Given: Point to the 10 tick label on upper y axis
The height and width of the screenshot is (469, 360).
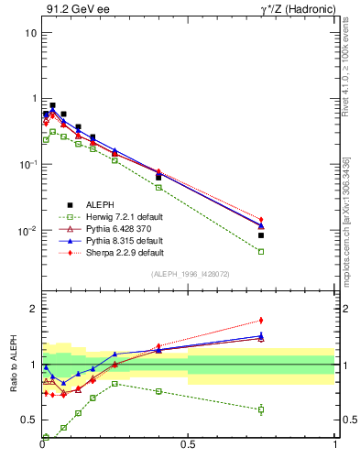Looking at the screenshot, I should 30,33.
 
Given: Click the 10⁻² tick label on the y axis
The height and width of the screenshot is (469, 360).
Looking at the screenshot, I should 27,231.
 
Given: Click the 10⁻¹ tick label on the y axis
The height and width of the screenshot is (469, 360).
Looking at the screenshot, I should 27,165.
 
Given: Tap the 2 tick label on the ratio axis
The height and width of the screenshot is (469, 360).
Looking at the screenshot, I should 33,309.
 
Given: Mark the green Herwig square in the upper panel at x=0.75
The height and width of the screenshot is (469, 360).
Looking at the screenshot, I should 261,251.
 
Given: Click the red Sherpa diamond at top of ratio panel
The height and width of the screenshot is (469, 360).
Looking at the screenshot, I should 261,320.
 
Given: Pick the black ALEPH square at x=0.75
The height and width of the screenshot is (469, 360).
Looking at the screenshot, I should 261,235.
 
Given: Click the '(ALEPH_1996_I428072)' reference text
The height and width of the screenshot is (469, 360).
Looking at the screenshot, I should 188,274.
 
